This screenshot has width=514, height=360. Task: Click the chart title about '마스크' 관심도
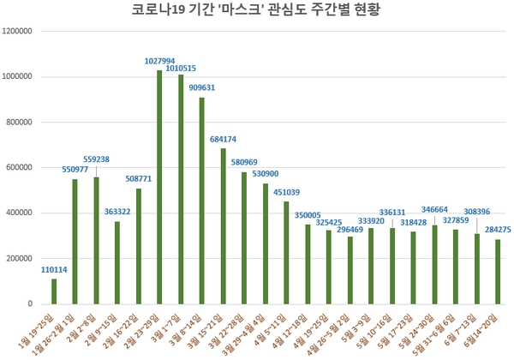coord(257,11)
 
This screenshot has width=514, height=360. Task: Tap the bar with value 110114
coord(54,291)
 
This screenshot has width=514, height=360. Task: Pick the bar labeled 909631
coord(201,201)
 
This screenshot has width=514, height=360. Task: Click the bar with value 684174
coord(223,226)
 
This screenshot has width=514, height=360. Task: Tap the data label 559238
coord(96,159)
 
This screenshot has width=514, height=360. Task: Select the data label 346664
coord(434,209)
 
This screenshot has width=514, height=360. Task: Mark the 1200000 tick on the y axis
coord(18,31)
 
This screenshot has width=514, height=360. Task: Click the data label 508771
coord(139,180)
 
